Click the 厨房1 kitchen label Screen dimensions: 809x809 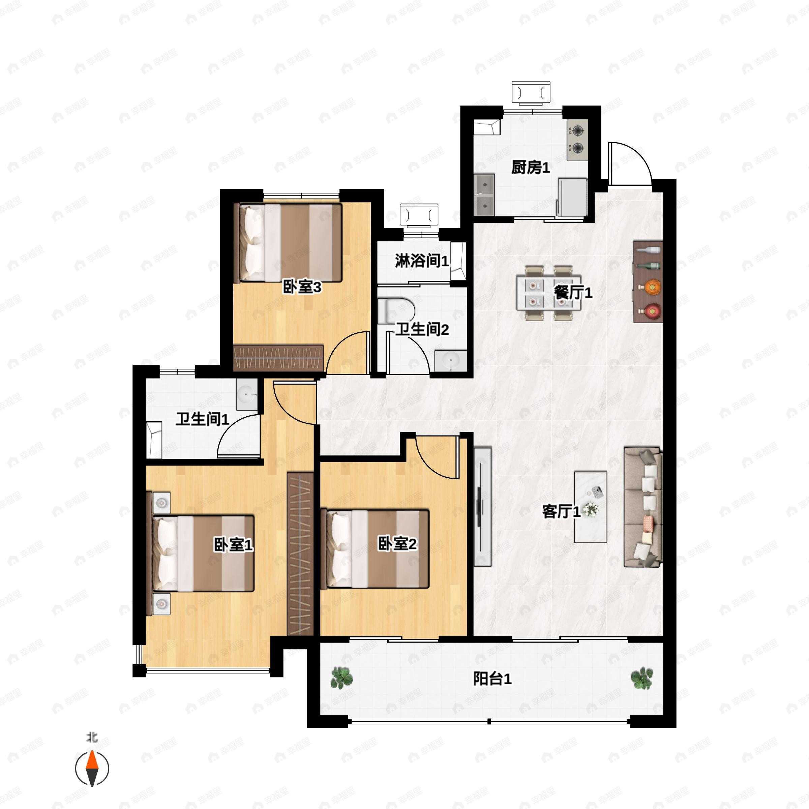530,168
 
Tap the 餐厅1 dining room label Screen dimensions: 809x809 573,292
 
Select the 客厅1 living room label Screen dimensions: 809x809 561,511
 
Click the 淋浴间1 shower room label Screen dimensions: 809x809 422,261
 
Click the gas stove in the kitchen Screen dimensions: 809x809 577,140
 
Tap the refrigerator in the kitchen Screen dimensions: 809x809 572,197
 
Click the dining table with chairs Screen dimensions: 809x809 548,293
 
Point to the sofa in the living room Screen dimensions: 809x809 643,507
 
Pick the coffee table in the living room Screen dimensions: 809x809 591,507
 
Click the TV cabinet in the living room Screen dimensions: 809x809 482,507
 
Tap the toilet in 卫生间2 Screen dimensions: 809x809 396,310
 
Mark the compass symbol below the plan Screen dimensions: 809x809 92,769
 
